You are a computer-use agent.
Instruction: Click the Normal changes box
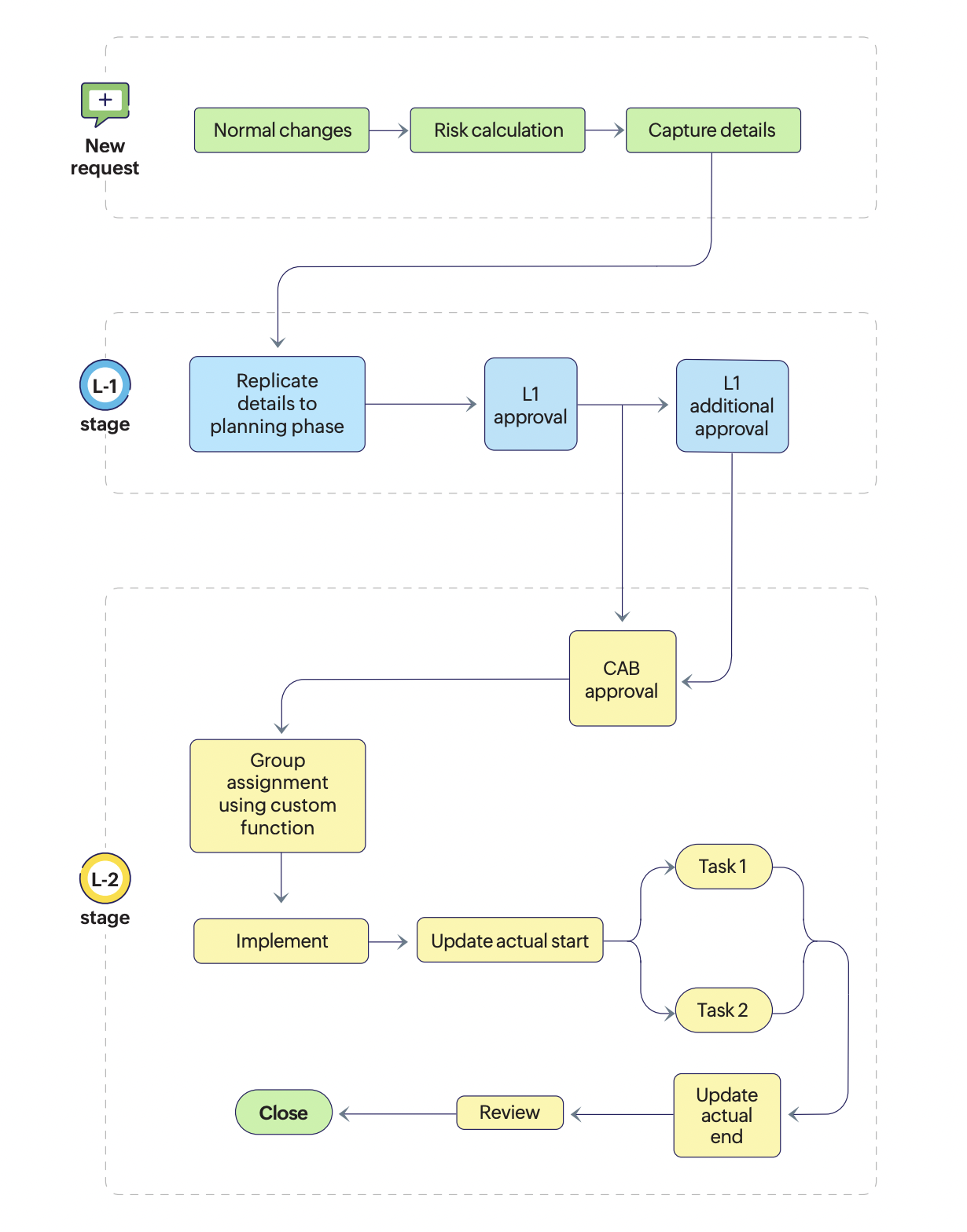point(281,130)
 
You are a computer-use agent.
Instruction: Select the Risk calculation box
point(498,130)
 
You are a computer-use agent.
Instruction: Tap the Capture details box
point(713,130)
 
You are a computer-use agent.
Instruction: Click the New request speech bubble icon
point(105,103)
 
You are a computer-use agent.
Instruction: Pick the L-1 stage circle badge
point(105,386)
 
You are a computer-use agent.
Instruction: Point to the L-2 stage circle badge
point(105,878)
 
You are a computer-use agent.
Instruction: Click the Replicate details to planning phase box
point(278,404)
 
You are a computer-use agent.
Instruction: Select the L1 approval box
point(531,405)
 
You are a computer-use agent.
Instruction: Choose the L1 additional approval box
point(732,406)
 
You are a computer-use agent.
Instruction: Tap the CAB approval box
point(622,679)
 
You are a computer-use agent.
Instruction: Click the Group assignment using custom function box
point(278,795)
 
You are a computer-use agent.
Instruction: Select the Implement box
point(281,941)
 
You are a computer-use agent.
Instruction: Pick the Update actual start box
point(509,940)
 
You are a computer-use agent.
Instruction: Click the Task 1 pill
point(723,867)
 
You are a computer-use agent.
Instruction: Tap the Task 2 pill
point(723,1010)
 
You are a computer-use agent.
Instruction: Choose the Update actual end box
point(726,1116)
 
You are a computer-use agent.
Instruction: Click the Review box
point(509,1113)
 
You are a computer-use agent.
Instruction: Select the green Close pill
point(284,1113)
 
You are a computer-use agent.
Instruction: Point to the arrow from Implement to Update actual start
point(388,941)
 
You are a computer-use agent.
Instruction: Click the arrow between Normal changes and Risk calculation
point(389,130)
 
